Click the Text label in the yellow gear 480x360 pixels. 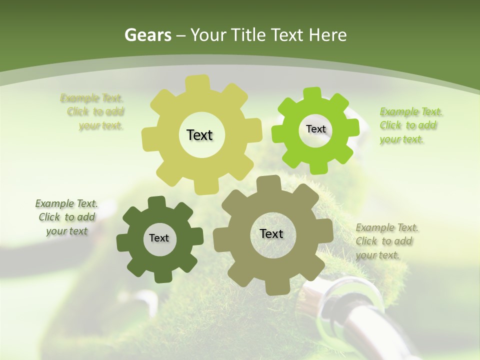tap(199, 135)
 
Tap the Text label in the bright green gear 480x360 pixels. tap(315, 129)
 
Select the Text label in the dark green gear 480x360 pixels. tap(159, 238)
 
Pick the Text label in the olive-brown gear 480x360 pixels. tap(271, 233)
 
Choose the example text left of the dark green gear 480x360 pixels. tap(66, 217)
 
